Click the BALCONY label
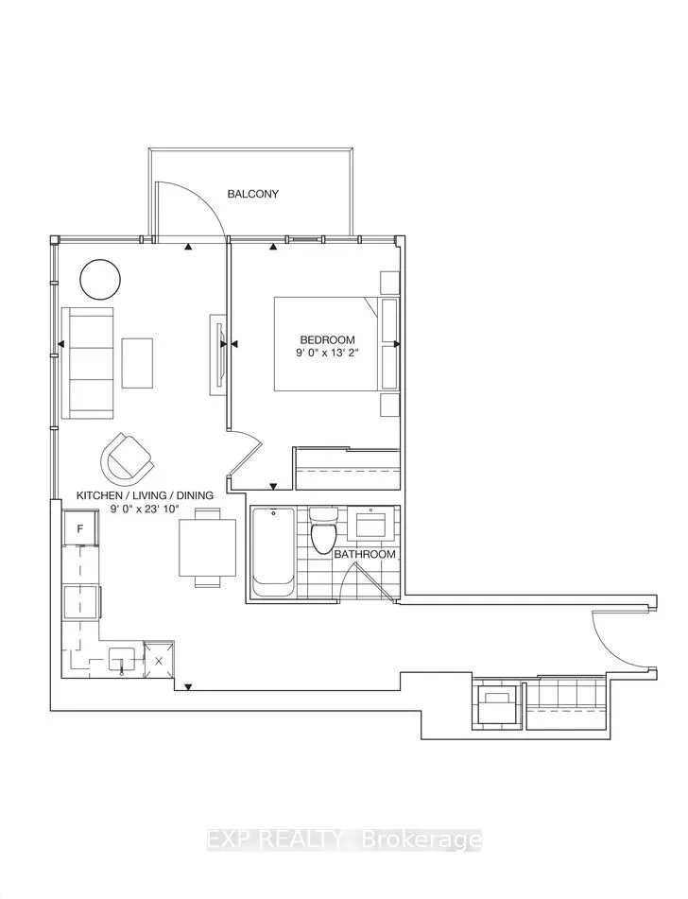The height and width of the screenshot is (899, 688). pyautogui.click(x=252, y=194)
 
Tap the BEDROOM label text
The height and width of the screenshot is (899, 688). pyautogui.click(x=327, y=340)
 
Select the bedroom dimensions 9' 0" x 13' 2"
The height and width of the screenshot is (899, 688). pyautogui.click(x=327, y=355)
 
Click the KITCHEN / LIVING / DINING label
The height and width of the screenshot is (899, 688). pyautogui.click(x=145, y=495)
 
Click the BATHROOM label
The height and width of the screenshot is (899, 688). pyautogui.click(x=364, y=554)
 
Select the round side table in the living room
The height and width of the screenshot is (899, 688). pyautogui.click(x=100, y=279)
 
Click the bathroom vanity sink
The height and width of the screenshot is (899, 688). pyautogui.click(x=371, y=522)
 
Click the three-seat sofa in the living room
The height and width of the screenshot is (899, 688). pyautogui.click(x=86, y=362)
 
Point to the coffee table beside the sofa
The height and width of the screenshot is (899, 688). pyautogui.click(x=137, y=362)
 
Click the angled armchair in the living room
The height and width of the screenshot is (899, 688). pyautogui.click(x=127, y=458)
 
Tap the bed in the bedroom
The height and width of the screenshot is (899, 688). pyautogui.click(x=331, y=343)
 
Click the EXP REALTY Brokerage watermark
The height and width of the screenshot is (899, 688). pyautogui.click(x=344, y=838)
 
